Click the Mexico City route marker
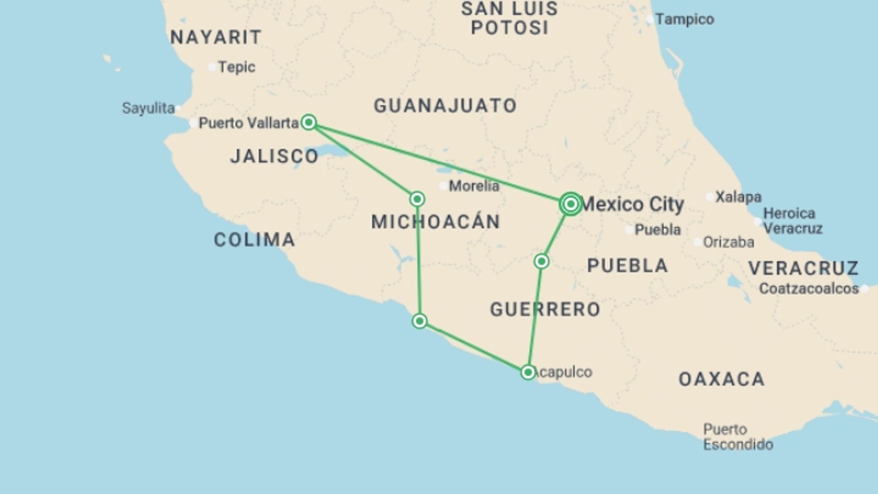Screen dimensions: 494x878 570,204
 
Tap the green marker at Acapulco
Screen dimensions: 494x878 528,372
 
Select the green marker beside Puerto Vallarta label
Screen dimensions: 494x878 309,123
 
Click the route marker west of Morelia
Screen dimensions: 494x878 417,199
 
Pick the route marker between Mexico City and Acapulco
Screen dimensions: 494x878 541,262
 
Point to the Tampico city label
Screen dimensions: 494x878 685,20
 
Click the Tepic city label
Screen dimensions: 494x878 236,67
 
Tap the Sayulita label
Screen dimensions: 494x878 148,108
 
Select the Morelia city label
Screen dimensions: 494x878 474,186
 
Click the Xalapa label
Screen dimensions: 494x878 738,197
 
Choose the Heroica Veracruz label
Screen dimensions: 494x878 792,221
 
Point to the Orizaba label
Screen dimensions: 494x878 728,242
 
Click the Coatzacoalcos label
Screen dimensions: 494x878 808,289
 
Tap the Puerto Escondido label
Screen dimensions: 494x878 738,437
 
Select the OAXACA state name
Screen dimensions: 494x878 722,379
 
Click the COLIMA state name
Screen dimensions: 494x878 255,240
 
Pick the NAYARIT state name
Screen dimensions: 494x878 216,38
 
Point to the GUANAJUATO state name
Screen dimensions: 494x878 445,106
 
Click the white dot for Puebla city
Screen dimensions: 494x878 630,230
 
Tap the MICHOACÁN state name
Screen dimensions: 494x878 436,222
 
